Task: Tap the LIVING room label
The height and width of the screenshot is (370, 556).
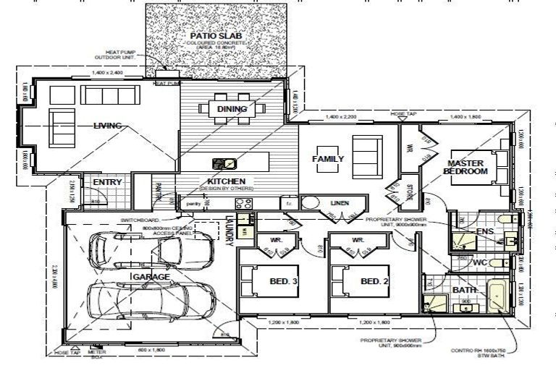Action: (x=107, y=125)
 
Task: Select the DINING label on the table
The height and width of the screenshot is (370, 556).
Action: (x=232, y=109)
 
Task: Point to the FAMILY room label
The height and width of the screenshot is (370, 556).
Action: (x=327, y=158)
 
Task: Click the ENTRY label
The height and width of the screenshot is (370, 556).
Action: (x=108, y=182)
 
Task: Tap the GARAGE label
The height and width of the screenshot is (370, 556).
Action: (x=151, y=277)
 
